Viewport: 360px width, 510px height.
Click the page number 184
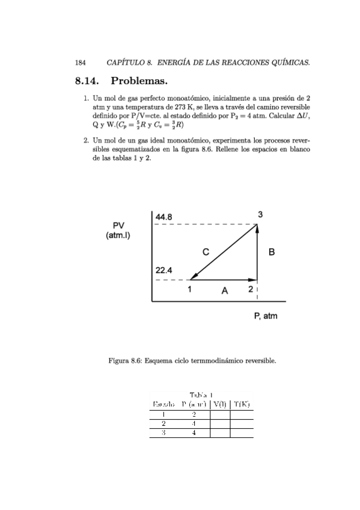tap(80, 62)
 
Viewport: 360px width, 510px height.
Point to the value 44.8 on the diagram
tap(164, 217)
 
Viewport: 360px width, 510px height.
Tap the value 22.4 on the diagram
tap(164, 271)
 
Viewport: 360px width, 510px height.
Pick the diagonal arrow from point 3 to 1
tap(224, 252)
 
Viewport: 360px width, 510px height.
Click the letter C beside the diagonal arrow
tap(206, 253)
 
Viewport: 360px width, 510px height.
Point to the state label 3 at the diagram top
tap(260, 214)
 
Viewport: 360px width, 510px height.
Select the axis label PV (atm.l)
tap(118, 230)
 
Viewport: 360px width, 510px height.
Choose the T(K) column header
tap(242, 404)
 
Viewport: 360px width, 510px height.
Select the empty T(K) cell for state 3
tap(242, 432)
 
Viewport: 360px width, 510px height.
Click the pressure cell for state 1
tap(194, 414)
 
